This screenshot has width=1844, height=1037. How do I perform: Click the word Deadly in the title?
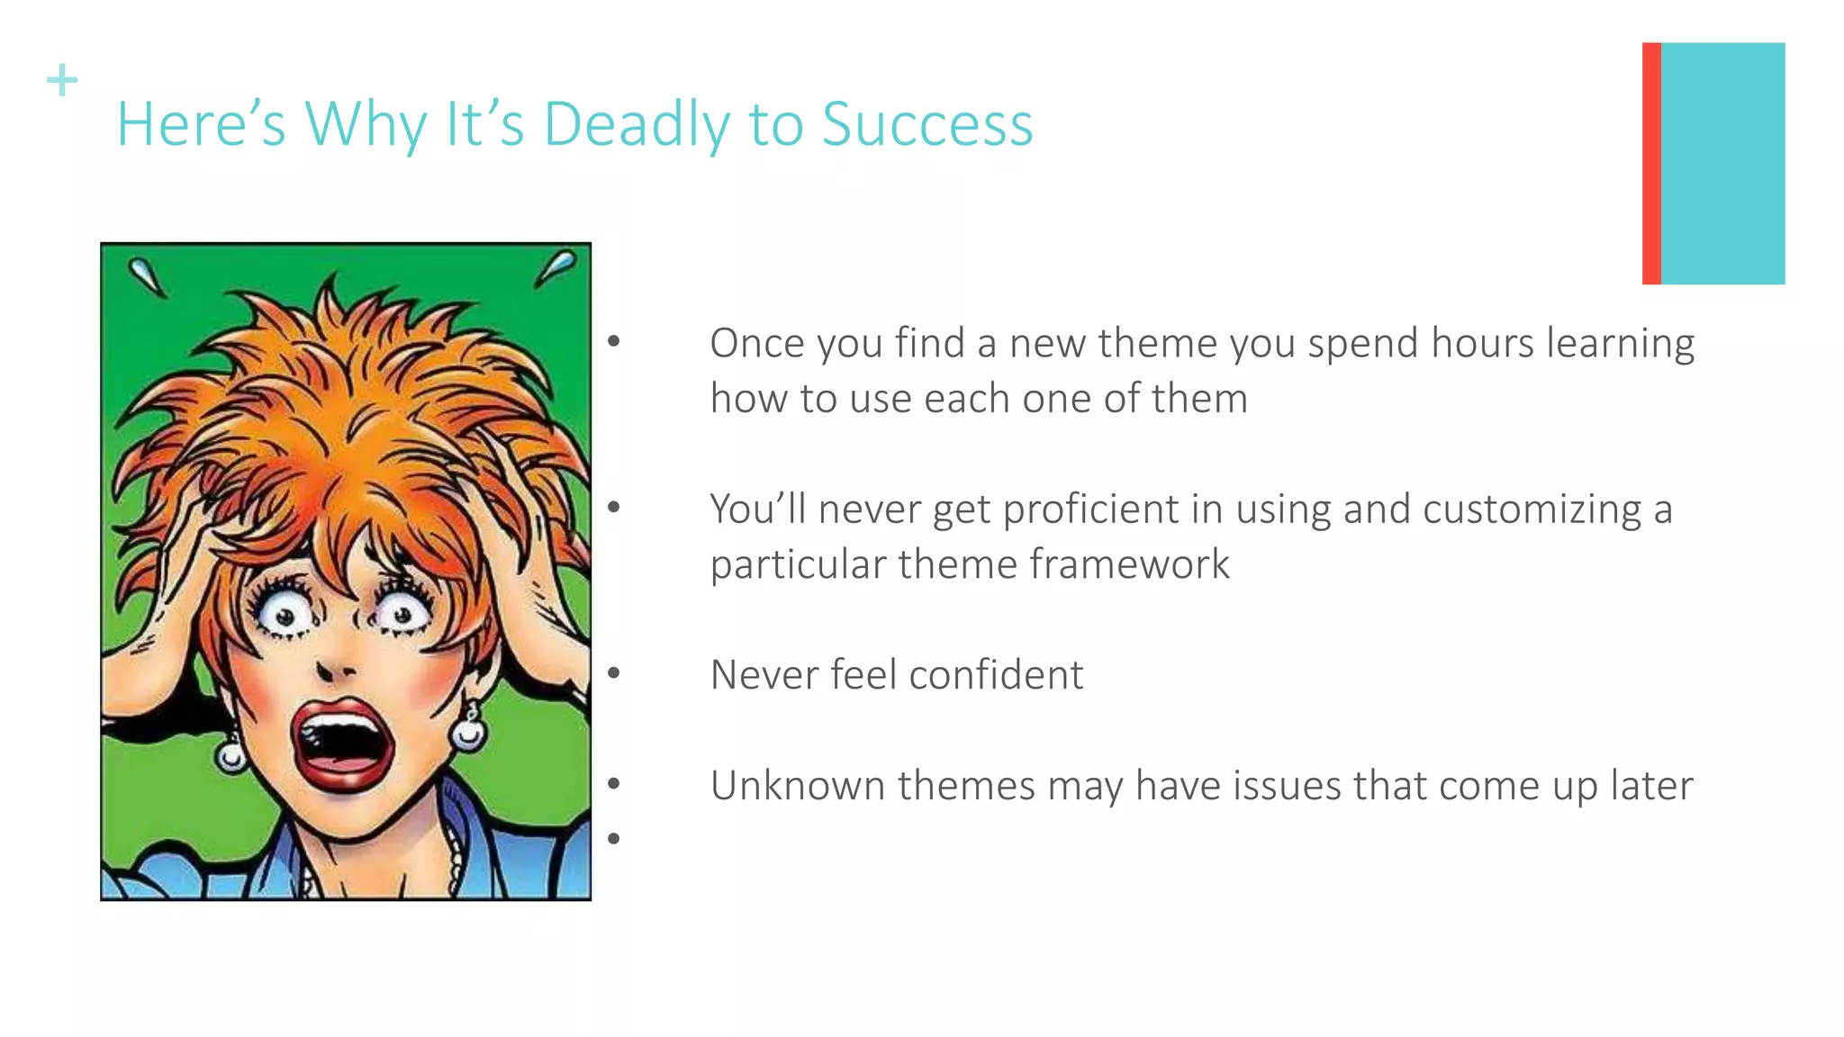(636, 124)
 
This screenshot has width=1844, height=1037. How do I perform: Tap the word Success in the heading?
(927, 124)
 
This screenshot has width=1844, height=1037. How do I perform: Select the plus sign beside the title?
(62, 80)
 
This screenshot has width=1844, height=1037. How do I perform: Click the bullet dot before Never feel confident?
(614, 672)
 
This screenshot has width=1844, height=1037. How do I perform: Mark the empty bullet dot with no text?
(614, 839)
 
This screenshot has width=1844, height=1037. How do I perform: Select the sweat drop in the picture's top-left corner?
(148, 276)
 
